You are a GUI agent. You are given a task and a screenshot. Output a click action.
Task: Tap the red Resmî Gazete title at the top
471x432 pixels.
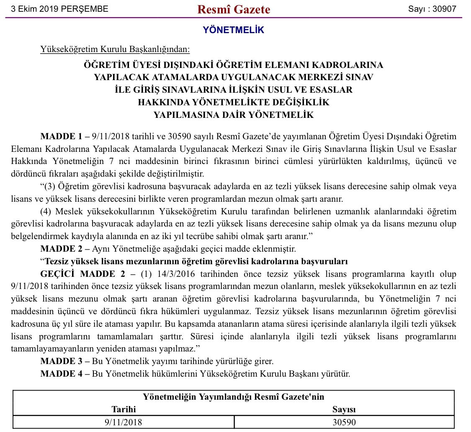[234, 9]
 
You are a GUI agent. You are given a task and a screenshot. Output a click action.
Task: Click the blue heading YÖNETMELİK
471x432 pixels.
[234, 30]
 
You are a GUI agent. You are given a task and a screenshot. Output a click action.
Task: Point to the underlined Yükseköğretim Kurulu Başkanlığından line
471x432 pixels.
[115, 49]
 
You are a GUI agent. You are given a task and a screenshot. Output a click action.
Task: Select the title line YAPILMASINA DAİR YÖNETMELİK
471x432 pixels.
[234, 115]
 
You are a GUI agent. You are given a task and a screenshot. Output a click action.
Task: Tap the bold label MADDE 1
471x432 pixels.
[61, 136]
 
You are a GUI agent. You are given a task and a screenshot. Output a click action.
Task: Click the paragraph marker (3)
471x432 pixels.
[50, 186]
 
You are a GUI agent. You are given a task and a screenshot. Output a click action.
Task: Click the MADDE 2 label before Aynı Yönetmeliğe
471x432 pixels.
[61, 249]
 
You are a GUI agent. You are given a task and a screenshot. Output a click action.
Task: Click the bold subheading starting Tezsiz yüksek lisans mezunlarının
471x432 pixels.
[196, 261]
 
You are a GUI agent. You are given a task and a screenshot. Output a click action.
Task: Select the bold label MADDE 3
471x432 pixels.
[61, 361]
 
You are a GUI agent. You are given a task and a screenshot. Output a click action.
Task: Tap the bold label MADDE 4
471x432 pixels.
[61, 373]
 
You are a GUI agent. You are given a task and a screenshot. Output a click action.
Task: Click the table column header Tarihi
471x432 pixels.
[124, 409]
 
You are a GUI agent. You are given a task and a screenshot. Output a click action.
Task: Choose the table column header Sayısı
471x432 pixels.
[344, 409]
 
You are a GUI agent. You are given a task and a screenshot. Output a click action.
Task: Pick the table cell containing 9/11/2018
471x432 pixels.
[124, 422]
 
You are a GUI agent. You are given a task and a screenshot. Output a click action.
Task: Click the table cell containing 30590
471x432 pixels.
[344, 422]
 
